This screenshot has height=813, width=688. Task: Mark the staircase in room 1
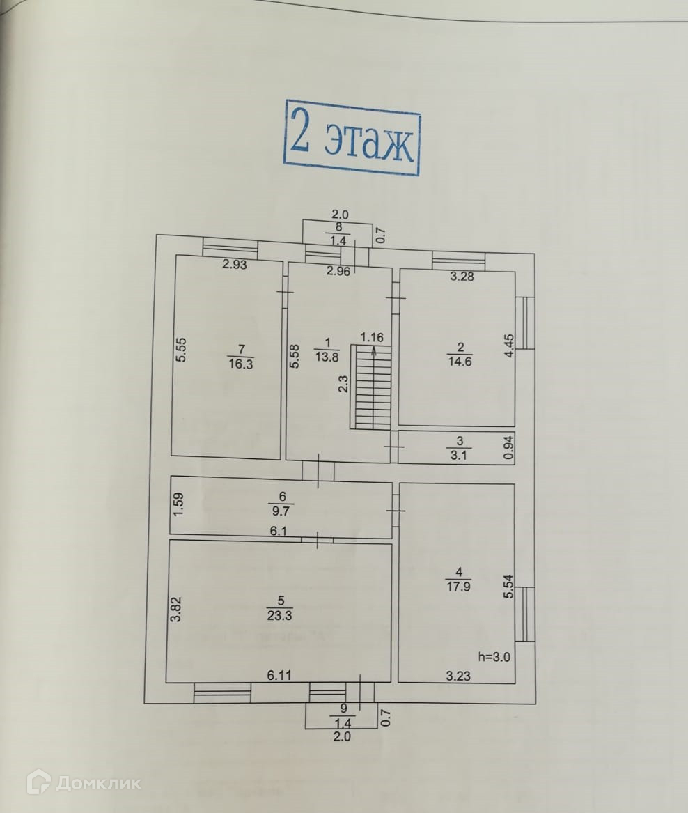coord(372,391)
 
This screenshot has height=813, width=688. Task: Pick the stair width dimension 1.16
coord(372,337)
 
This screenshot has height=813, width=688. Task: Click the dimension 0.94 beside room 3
coord(508,449)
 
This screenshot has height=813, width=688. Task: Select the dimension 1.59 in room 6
coord(179,504)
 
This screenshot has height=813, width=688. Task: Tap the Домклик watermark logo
coord(84,783)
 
